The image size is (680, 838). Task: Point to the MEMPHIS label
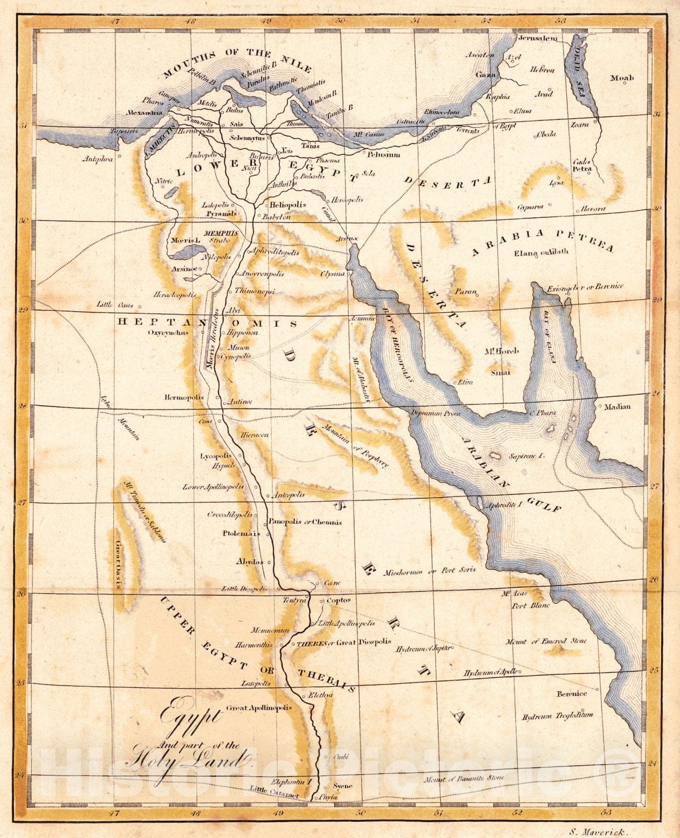[221, 233]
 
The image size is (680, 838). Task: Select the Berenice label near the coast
[572, 693]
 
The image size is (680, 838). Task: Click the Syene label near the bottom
[343, 786]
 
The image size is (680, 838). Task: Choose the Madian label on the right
[618, 406]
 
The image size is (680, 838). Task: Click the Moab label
[622, 78]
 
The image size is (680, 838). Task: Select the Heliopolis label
[288, 204]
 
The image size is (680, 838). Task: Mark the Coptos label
[338, 600]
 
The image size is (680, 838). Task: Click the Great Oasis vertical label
[119, 565]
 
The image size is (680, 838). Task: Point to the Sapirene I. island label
[527, 456]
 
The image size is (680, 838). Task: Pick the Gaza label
[485, 75]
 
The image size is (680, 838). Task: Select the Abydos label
[250, 561]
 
